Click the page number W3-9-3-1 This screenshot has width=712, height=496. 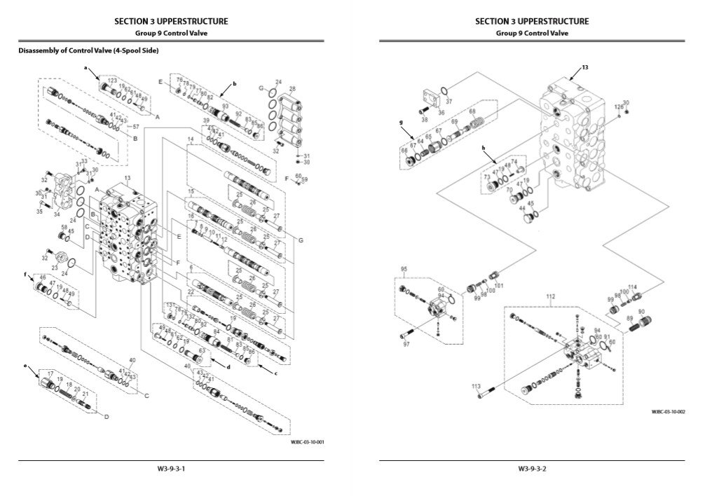point(171,468)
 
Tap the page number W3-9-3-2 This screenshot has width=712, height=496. point(532,468)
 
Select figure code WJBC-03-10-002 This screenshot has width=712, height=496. point(668,412)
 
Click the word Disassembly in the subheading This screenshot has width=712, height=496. point(38,50)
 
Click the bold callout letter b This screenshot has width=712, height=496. point(234,84)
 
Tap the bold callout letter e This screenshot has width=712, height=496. point(26,366)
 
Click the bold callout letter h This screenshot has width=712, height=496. point(484,149)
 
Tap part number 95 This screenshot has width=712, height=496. point(404,269)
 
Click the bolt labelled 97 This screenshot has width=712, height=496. point(409,335)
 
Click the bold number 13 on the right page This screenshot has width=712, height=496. point(584,67)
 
